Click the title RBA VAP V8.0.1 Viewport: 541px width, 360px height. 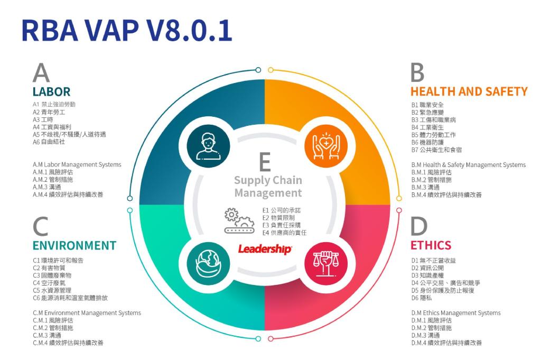coord(127,30)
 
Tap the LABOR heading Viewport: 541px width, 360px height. coord(51,91)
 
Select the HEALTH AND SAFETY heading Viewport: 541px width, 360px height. coord(469,91)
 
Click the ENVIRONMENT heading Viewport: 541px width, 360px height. coord(74,245)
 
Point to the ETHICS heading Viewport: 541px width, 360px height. coord(431,245)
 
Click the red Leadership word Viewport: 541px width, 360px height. coord(264,248)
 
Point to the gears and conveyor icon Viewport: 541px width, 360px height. coord(239,220)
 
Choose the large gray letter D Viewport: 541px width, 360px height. coord(419,227)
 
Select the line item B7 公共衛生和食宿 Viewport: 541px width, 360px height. coord(436,150)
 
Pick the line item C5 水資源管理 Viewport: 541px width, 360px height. coord(52,290)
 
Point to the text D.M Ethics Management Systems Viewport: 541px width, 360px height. coord(455,313)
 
